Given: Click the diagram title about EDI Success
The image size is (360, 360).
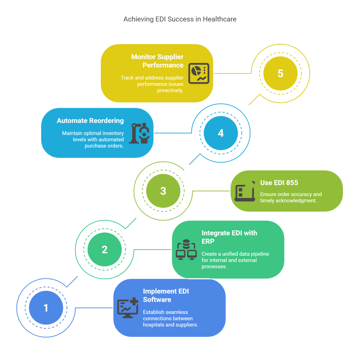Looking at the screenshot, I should pyautogui.click(x=180, y=19).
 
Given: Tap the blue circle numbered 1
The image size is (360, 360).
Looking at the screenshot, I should pyautogui.click(x=46, y=308).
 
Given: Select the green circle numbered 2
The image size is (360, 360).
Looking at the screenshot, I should pyautogui.click(x=104, y=250).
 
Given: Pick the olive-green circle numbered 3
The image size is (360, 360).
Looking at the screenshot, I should pyautogui.click(x=163, y=191).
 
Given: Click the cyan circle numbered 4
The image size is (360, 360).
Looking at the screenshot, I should pyautogui.click(x=221, y=133).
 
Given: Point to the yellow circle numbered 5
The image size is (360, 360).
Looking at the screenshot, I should pyautogui.click(x=280, y=73).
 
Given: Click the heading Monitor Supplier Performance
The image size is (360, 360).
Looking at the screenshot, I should pyautogui.click(x=157, y=61).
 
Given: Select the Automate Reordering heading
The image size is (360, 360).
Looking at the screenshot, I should pyautogui.click(x=90, y=121).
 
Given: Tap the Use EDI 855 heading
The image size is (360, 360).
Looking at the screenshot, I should pyautogui.click(x=279, y=183).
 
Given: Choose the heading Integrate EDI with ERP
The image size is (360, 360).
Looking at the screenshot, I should pyautogui.click(x=229, y=237).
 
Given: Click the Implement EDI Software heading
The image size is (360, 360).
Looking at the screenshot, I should pyautogui.click(x=166, y=295).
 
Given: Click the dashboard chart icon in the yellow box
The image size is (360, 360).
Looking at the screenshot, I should pyautogui.click(x=199, y=73).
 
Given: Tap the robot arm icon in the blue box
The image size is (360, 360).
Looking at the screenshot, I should pyautogui.click(x=139, y=133).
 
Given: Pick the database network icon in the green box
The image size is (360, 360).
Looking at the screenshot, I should pyautogui.click(x=186, y=249).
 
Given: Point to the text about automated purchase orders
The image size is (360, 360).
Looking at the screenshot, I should pyautogui.click(x=93, y=139).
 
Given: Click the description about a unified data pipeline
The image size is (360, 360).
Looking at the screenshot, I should pyautogui.click(x=235, y=260).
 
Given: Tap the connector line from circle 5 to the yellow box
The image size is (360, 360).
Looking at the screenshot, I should pyautogui.click(x=232, y=73).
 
